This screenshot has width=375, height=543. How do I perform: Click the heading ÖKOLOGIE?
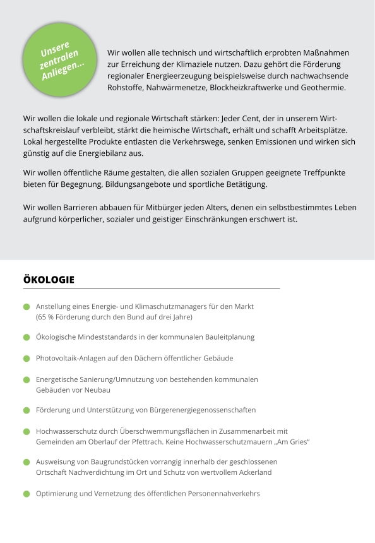tap(49, 279)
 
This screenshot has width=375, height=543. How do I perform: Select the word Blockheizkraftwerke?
tap(247, 87)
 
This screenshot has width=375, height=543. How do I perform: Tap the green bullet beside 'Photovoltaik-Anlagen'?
tap(27, 359)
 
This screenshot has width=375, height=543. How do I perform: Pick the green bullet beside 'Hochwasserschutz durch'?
tap(27, 431)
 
